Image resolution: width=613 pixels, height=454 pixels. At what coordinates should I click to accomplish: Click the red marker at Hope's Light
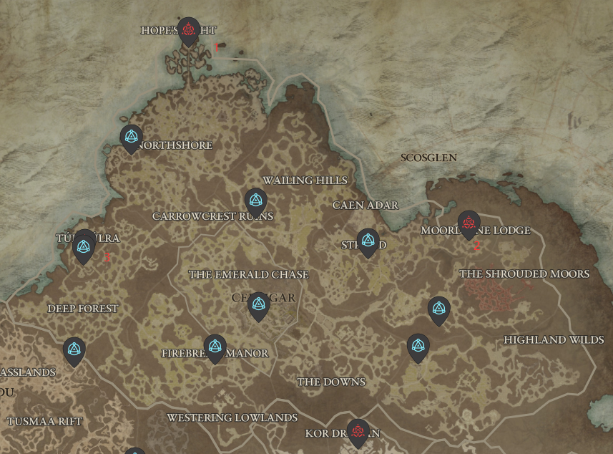(188, 30)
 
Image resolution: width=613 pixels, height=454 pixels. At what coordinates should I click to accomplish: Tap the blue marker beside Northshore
(131, 137)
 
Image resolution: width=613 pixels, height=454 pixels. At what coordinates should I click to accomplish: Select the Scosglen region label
(429, 158)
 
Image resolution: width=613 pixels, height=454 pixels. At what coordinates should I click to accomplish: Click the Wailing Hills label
(305, 180)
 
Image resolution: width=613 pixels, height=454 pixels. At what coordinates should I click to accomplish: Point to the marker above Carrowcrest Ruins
(255, 201)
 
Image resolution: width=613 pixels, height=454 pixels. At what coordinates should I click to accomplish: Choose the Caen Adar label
(366, 206)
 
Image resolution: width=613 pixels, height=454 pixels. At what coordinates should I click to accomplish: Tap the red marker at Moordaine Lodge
(469, 223)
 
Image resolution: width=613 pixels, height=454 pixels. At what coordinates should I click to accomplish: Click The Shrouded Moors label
(524, 274)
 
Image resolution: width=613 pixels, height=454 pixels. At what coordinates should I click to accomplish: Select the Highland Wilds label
(554, 340)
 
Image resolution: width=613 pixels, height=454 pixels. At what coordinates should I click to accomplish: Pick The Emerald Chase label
(248, 275)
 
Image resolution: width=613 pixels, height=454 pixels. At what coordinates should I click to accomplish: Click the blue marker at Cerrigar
(258, 306)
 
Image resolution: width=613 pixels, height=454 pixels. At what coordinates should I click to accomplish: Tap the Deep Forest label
(83, 309)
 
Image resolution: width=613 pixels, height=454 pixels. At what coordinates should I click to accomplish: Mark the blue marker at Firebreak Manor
(215, 347)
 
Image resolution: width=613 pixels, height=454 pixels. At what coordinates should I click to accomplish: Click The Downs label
(331, 382)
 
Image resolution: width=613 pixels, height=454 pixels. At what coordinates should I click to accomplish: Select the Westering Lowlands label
(232, 417)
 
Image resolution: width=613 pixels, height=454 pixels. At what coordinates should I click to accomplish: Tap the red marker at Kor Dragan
(358, 431)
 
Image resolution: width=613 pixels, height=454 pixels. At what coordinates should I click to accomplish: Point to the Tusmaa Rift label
(44, 422)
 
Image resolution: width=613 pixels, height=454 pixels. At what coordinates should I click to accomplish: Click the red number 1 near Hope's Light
(216, 48)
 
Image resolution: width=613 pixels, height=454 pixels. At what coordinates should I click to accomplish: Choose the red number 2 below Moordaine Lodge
(477, 246)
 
